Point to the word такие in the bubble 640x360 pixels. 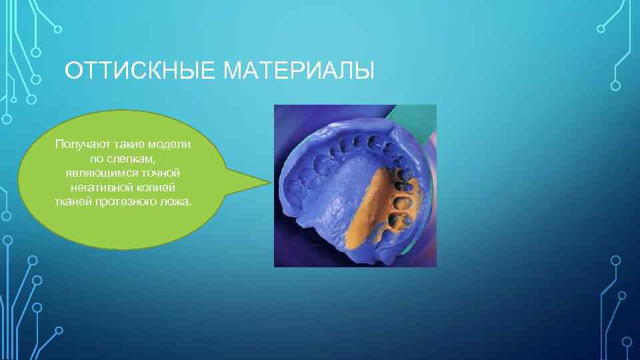[x=128, y=144]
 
